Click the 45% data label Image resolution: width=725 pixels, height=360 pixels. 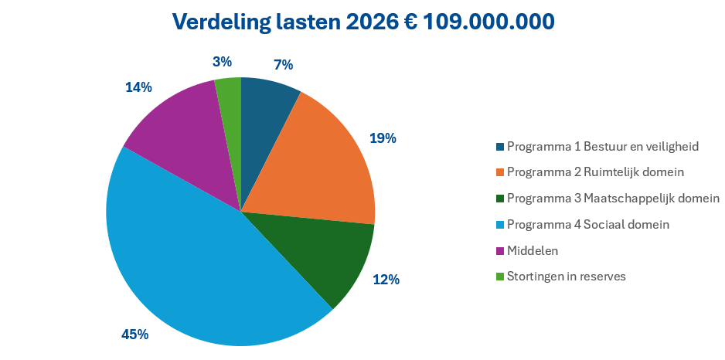click(134, 335)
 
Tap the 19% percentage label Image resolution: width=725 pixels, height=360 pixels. click(383, 138)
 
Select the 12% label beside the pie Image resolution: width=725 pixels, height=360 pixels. click(386, 280)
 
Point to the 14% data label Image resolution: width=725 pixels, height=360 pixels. click(138, 87)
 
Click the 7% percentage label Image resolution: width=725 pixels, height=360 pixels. click(283, 65)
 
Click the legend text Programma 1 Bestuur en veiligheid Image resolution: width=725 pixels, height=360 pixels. click(603, 145)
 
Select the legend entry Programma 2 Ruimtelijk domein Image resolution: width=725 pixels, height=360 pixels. click(596, 172)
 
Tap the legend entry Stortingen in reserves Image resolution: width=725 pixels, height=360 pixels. click(567, 277)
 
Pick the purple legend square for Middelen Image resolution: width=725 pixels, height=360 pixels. click(500, 250)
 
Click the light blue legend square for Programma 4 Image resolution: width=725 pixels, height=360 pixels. click(500, 224)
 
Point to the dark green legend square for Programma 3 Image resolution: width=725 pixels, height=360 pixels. click(500, 198)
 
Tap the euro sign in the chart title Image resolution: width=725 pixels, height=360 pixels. click(414, 22)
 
